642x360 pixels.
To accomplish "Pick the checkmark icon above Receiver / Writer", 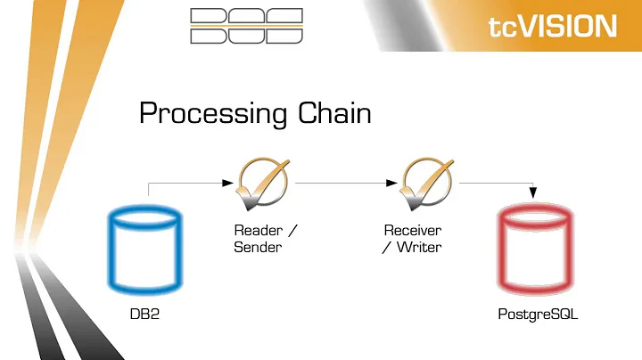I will click(426, 182).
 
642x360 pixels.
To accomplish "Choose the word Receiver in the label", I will click(413, 230).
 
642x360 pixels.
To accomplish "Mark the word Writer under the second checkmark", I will click(419, 246).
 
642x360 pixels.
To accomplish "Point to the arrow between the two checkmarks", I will click(343, 183).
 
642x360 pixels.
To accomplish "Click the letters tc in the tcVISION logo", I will click(504, 26).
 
